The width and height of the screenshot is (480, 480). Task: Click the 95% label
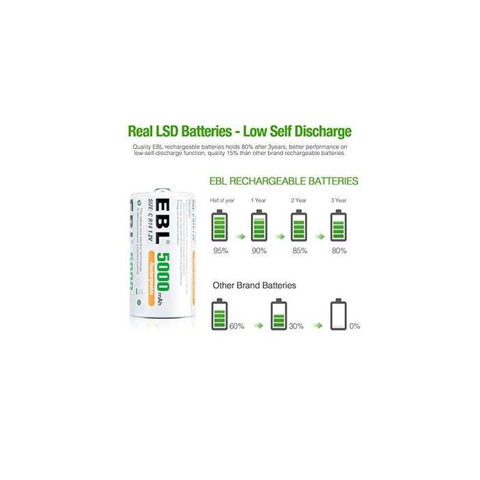[220, 250]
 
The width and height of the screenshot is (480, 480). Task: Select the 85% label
[300, 250]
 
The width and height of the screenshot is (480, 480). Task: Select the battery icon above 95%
[220, 225]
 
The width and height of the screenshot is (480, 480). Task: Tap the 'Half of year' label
[220, 200]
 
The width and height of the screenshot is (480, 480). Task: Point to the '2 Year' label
[299, 200]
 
